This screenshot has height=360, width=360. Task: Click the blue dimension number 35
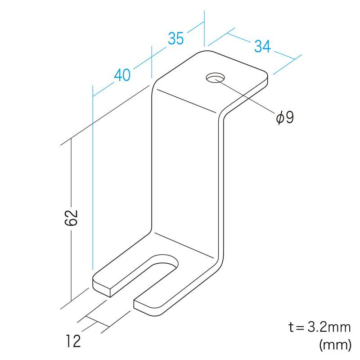[176, 38]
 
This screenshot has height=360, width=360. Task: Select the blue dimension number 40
[122, 75]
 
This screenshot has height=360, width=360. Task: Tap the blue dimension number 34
[262, 46]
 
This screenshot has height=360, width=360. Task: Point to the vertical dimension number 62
[72, 218]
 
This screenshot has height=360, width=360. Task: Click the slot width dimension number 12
[73, 341]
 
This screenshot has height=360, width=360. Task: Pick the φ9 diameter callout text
[285, 117]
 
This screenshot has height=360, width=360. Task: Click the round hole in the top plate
[216, 78]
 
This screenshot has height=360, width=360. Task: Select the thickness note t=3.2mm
[319, 327]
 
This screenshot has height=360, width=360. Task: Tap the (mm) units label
[335, 345]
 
